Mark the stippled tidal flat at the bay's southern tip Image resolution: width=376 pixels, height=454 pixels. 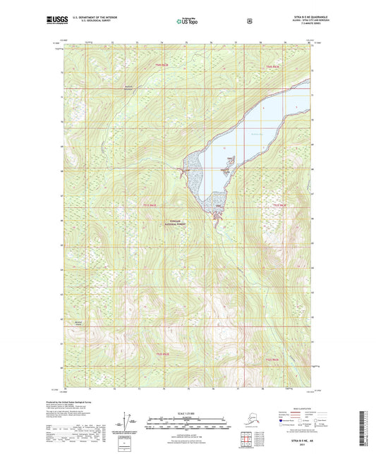pos(215,205)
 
